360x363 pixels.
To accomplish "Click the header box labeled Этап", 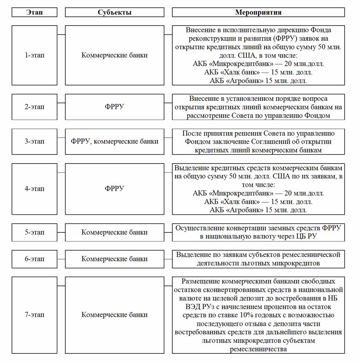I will (x=34, y=12).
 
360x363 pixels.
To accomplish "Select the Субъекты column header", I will (x=115, y=12).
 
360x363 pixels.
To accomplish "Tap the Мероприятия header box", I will (x=258, y=12).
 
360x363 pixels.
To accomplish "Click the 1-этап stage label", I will (x=34, y=55).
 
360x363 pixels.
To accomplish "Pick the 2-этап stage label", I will (x=34, y=107).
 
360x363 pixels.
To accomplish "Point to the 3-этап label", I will (x=34, y=141).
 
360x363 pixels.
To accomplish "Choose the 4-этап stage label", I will (x=34, y=189).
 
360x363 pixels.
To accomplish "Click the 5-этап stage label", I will (x=34, y=232).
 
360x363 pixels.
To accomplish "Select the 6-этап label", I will (x=34, y=259).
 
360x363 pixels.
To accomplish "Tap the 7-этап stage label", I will (x=34, y=315).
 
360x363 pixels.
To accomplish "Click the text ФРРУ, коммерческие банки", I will (x=115, y=141).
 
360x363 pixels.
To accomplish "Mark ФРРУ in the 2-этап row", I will (x=115, y=107).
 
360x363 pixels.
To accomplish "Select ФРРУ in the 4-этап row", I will (x=115, y=189).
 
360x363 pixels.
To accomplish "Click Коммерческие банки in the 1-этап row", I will (x=115, y=55).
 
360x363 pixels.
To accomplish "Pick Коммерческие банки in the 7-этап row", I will (x=115, y=315).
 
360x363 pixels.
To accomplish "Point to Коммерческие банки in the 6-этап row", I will (x=115, y=259).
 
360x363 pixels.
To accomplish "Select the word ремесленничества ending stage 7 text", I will (x=258, y=349).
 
